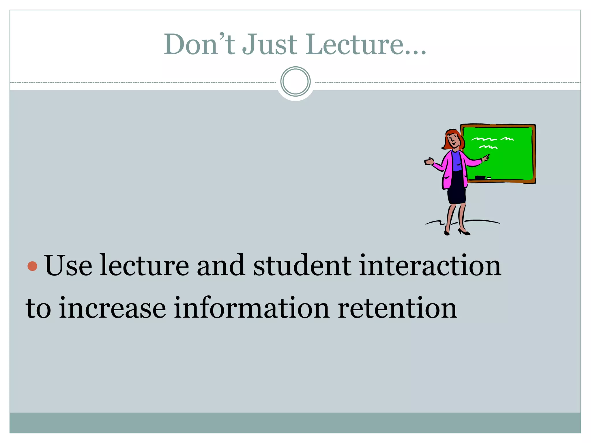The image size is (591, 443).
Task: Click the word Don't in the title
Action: coord(199,44)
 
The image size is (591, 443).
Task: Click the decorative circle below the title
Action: coord(295,81)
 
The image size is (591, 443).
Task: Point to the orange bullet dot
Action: coord(32,266)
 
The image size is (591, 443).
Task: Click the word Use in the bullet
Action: coord(68,266)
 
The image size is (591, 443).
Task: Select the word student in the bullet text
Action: coord(302,266)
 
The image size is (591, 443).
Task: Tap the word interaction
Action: coord(430,266)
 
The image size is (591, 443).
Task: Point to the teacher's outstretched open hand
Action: coord(429,162)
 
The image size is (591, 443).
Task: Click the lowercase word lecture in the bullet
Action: coord(144,266)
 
